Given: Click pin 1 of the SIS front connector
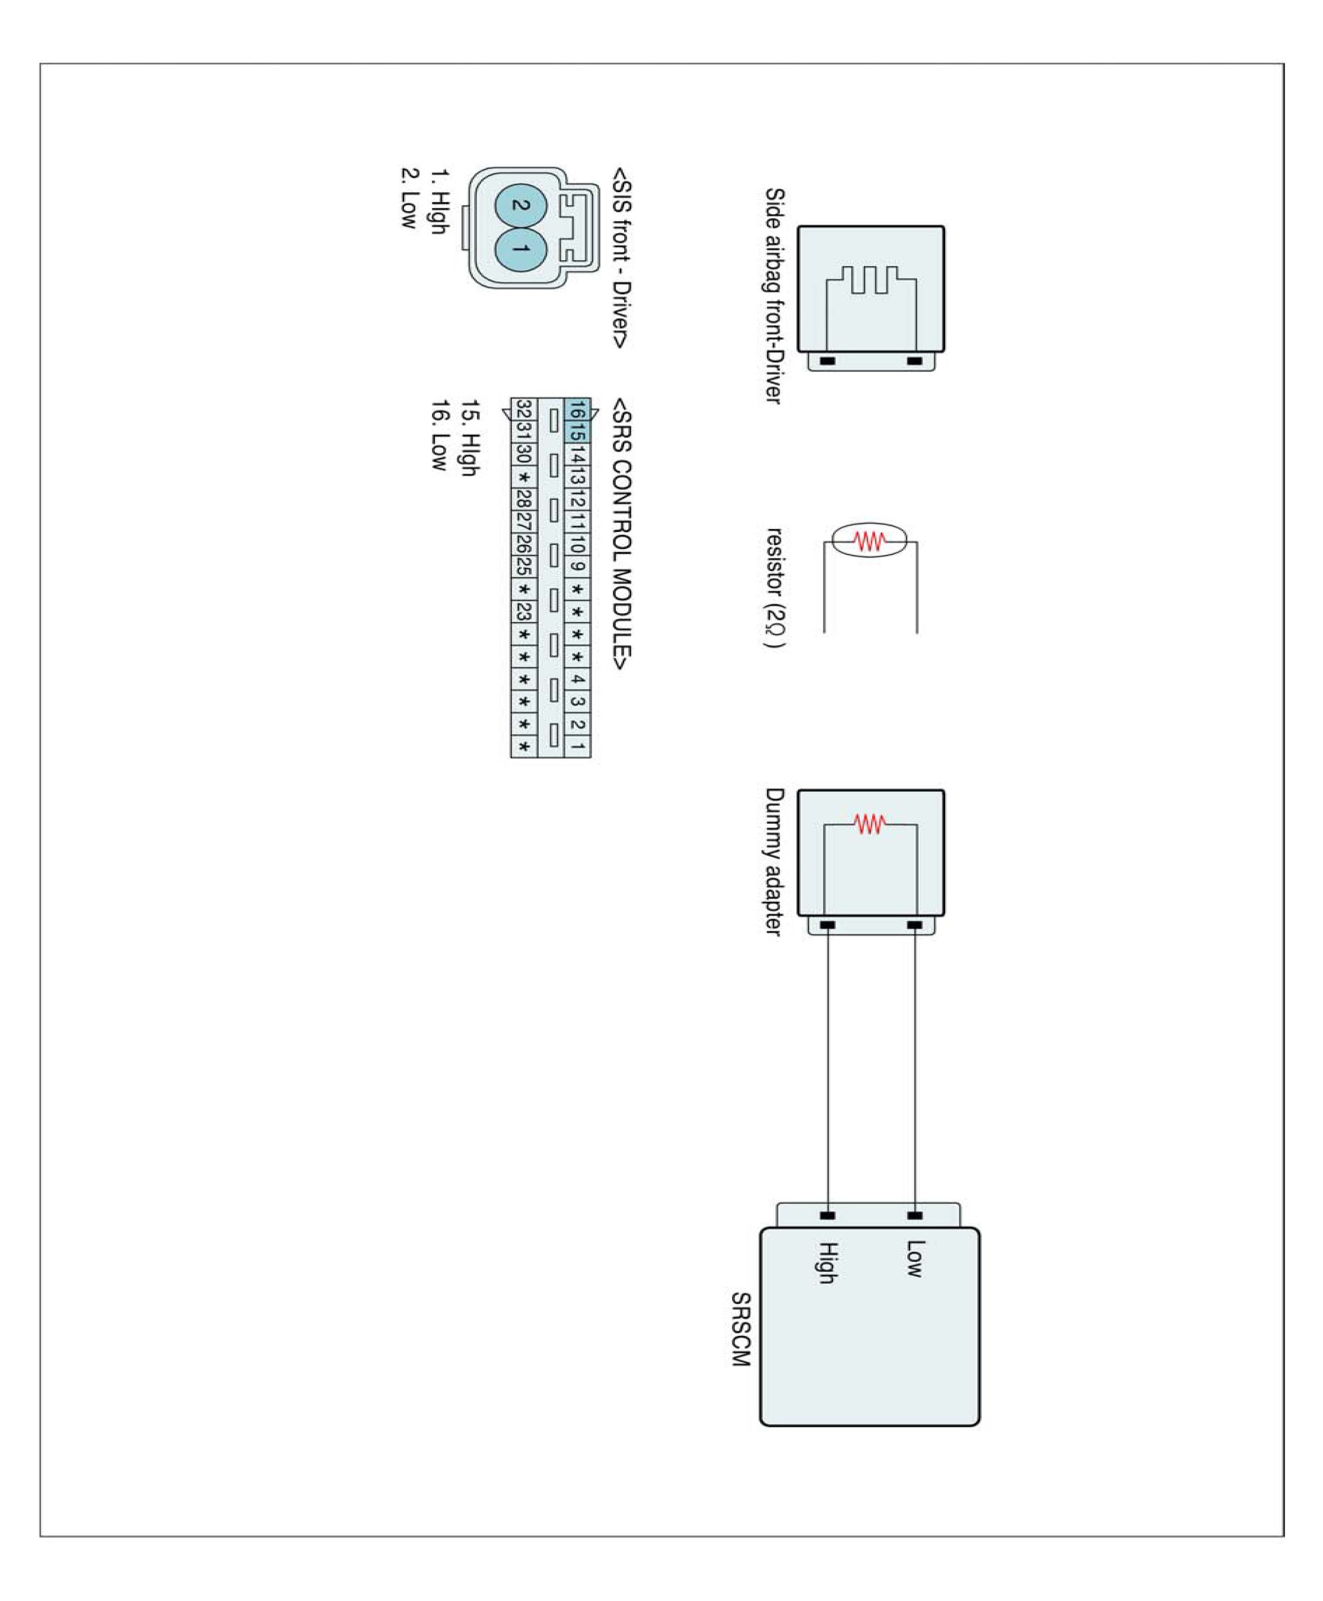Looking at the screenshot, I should (x=520, y=249).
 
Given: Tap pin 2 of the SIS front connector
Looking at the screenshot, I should (x=520, y=206).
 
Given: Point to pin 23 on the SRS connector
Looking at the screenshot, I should (x=523, y=611).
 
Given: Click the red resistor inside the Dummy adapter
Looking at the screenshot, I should (x=870, y=824).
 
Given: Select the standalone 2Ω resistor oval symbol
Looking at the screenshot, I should (x=870, y=540).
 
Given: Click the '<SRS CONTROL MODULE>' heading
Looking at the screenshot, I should (x=622, y=534).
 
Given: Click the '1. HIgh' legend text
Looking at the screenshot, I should (x=440, y=201).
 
